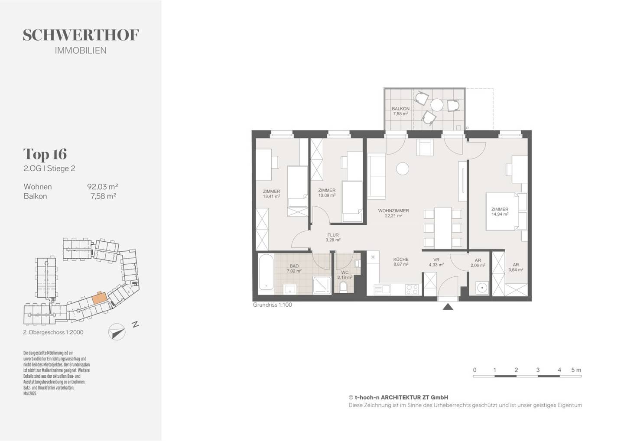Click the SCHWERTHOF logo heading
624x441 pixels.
tap(81, 35)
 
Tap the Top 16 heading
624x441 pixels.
tap(45, 154)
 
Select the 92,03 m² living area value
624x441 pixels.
tap(103, 186)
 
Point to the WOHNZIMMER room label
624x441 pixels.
tap(393, 211)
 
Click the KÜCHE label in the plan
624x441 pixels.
tap(401, 259)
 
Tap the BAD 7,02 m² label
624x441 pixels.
tap(294, 269)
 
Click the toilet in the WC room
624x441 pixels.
tap(344, 287)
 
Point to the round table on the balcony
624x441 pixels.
tap(436, 105)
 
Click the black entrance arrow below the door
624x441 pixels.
tap(448, 307)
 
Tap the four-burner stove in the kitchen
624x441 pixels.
tap(412, 289)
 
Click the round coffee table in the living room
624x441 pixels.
tap(403, 169)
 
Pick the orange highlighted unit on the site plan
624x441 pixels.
tap(100, 298)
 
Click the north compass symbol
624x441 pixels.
tap(117, 332)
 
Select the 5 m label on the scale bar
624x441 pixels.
tap(576, 370)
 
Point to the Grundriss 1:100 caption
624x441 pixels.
tap(273, 305)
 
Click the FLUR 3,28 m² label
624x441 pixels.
tap(333, 237)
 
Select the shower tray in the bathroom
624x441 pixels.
tap(322, 285)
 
